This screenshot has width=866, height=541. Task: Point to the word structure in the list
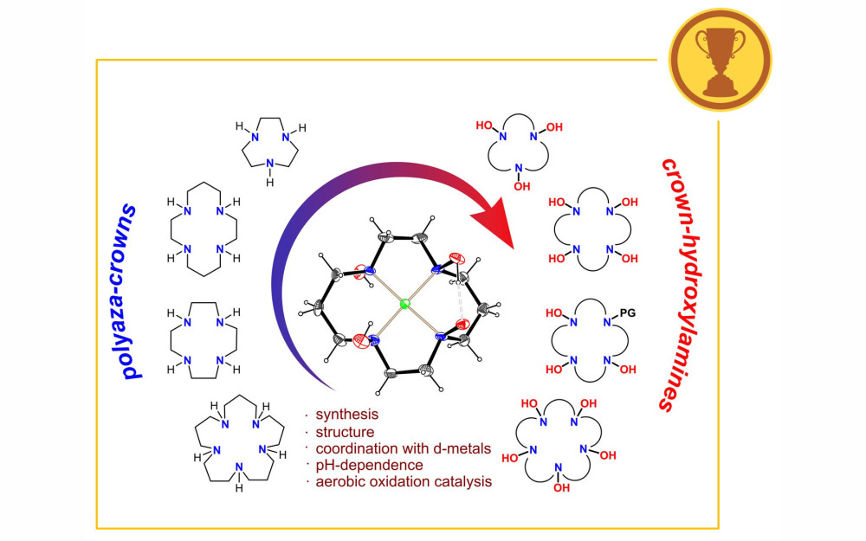click(x=345, y=431)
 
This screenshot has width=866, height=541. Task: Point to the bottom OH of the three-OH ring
click(x=520, y=184)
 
